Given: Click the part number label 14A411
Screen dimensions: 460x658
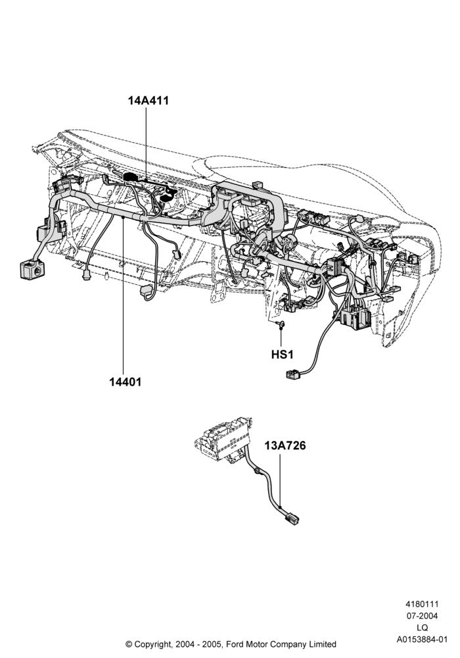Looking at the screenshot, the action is click(149, 101).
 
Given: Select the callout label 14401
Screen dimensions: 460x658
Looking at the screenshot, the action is click(126, 382).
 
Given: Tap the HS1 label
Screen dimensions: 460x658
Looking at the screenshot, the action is click(283, 355).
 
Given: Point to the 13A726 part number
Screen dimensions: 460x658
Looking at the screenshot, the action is click(285, 445).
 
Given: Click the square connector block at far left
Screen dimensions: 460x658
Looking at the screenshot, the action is click(32, 268).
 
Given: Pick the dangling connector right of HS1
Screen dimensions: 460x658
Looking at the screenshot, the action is click(294, 374).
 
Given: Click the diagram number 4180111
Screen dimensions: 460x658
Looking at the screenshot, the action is click(421, 604).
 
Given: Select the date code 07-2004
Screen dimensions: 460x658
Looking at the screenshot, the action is click(422, 616).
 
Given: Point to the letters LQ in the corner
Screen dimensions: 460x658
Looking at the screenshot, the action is click(422, 628).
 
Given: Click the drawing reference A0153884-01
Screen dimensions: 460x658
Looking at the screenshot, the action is click(422, 640).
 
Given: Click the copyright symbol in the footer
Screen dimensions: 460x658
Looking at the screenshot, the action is click(129, 644).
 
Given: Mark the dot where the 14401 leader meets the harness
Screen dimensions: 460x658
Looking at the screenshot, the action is click(124, 218).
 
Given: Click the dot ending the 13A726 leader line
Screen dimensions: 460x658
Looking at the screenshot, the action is click(280, 508).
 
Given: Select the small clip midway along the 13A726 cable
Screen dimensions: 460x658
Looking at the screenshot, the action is click(256, 472).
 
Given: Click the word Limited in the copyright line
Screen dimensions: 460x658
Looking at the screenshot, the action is click(322, 644).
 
